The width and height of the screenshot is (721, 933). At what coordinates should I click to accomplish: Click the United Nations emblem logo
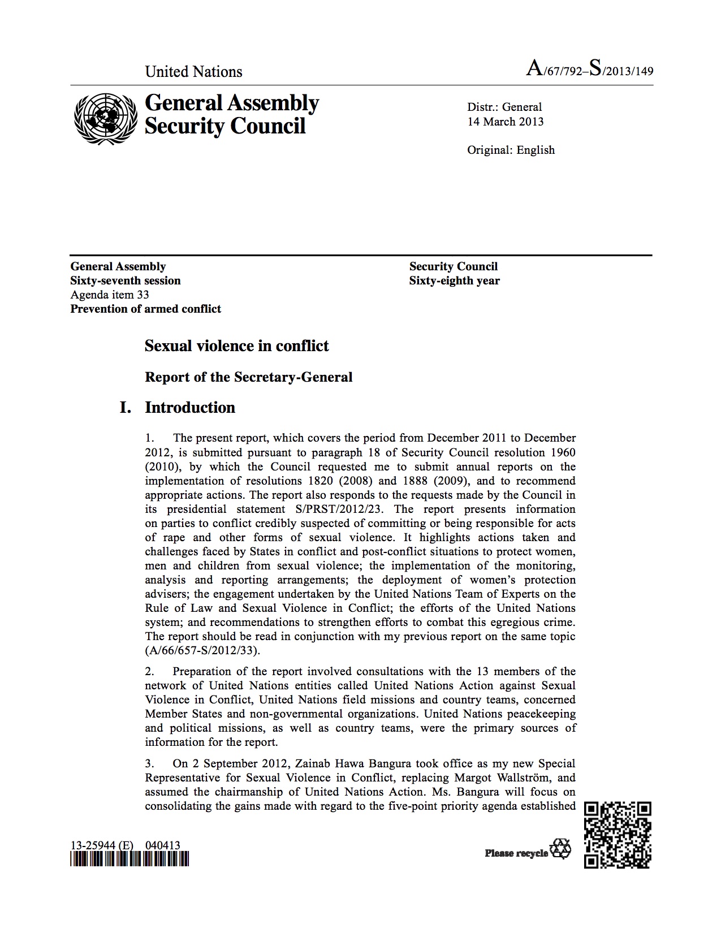click(105, 114)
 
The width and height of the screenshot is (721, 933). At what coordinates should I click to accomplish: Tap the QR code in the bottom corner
click(618, 835)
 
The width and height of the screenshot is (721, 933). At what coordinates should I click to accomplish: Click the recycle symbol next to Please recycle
click(560, 849)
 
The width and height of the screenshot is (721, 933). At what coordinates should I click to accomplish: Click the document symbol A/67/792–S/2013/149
click(589, 70)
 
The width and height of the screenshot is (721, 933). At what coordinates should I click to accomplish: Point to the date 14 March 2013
click(505, 122)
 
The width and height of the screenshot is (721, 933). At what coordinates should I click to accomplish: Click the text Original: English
click(511, 150)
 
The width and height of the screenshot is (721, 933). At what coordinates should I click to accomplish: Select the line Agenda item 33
click(110, 295)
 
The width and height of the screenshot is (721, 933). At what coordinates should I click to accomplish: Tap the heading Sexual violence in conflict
click(236, 345)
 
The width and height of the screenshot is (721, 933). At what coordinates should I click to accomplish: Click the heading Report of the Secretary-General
click(248, 377)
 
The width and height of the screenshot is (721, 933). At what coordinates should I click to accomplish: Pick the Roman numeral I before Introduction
click(126, 408)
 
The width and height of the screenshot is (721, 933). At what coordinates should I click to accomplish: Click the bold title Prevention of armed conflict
click(145, 309)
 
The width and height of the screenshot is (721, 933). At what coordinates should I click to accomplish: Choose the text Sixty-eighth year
click(454, 280)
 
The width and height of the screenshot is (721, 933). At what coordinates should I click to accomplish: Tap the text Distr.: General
click(504, 107)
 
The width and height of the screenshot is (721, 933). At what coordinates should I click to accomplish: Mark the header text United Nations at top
click(193, 72)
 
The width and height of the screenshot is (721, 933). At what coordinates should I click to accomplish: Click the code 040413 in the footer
click(162, 845)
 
